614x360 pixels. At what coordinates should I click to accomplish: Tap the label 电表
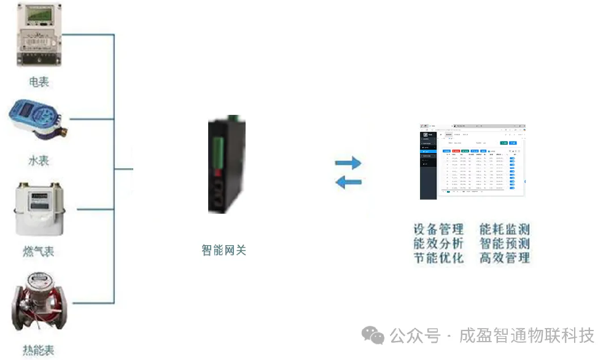[39, 82]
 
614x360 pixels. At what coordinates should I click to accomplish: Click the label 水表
[39, 161]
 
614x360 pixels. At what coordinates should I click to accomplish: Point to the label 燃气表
[38, 251]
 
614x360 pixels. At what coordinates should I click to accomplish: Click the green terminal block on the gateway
[218, 147]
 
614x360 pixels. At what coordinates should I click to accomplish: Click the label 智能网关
[224, 250]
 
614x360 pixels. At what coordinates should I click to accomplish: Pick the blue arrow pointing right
[348, 163]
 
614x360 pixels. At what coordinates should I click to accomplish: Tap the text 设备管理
[438, 230]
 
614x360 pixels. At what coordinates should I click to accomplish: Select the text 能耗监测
[505, 230]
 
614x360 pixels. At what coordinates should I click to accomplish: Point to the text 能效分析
[438, 244]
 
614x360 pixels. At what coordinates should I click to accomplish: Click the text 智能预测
[505, 244]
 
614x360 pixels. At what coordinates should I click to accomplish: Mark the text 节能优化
[438, 258]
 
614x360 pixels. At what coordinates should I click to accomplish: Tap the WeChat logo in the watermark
[373, 335]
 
